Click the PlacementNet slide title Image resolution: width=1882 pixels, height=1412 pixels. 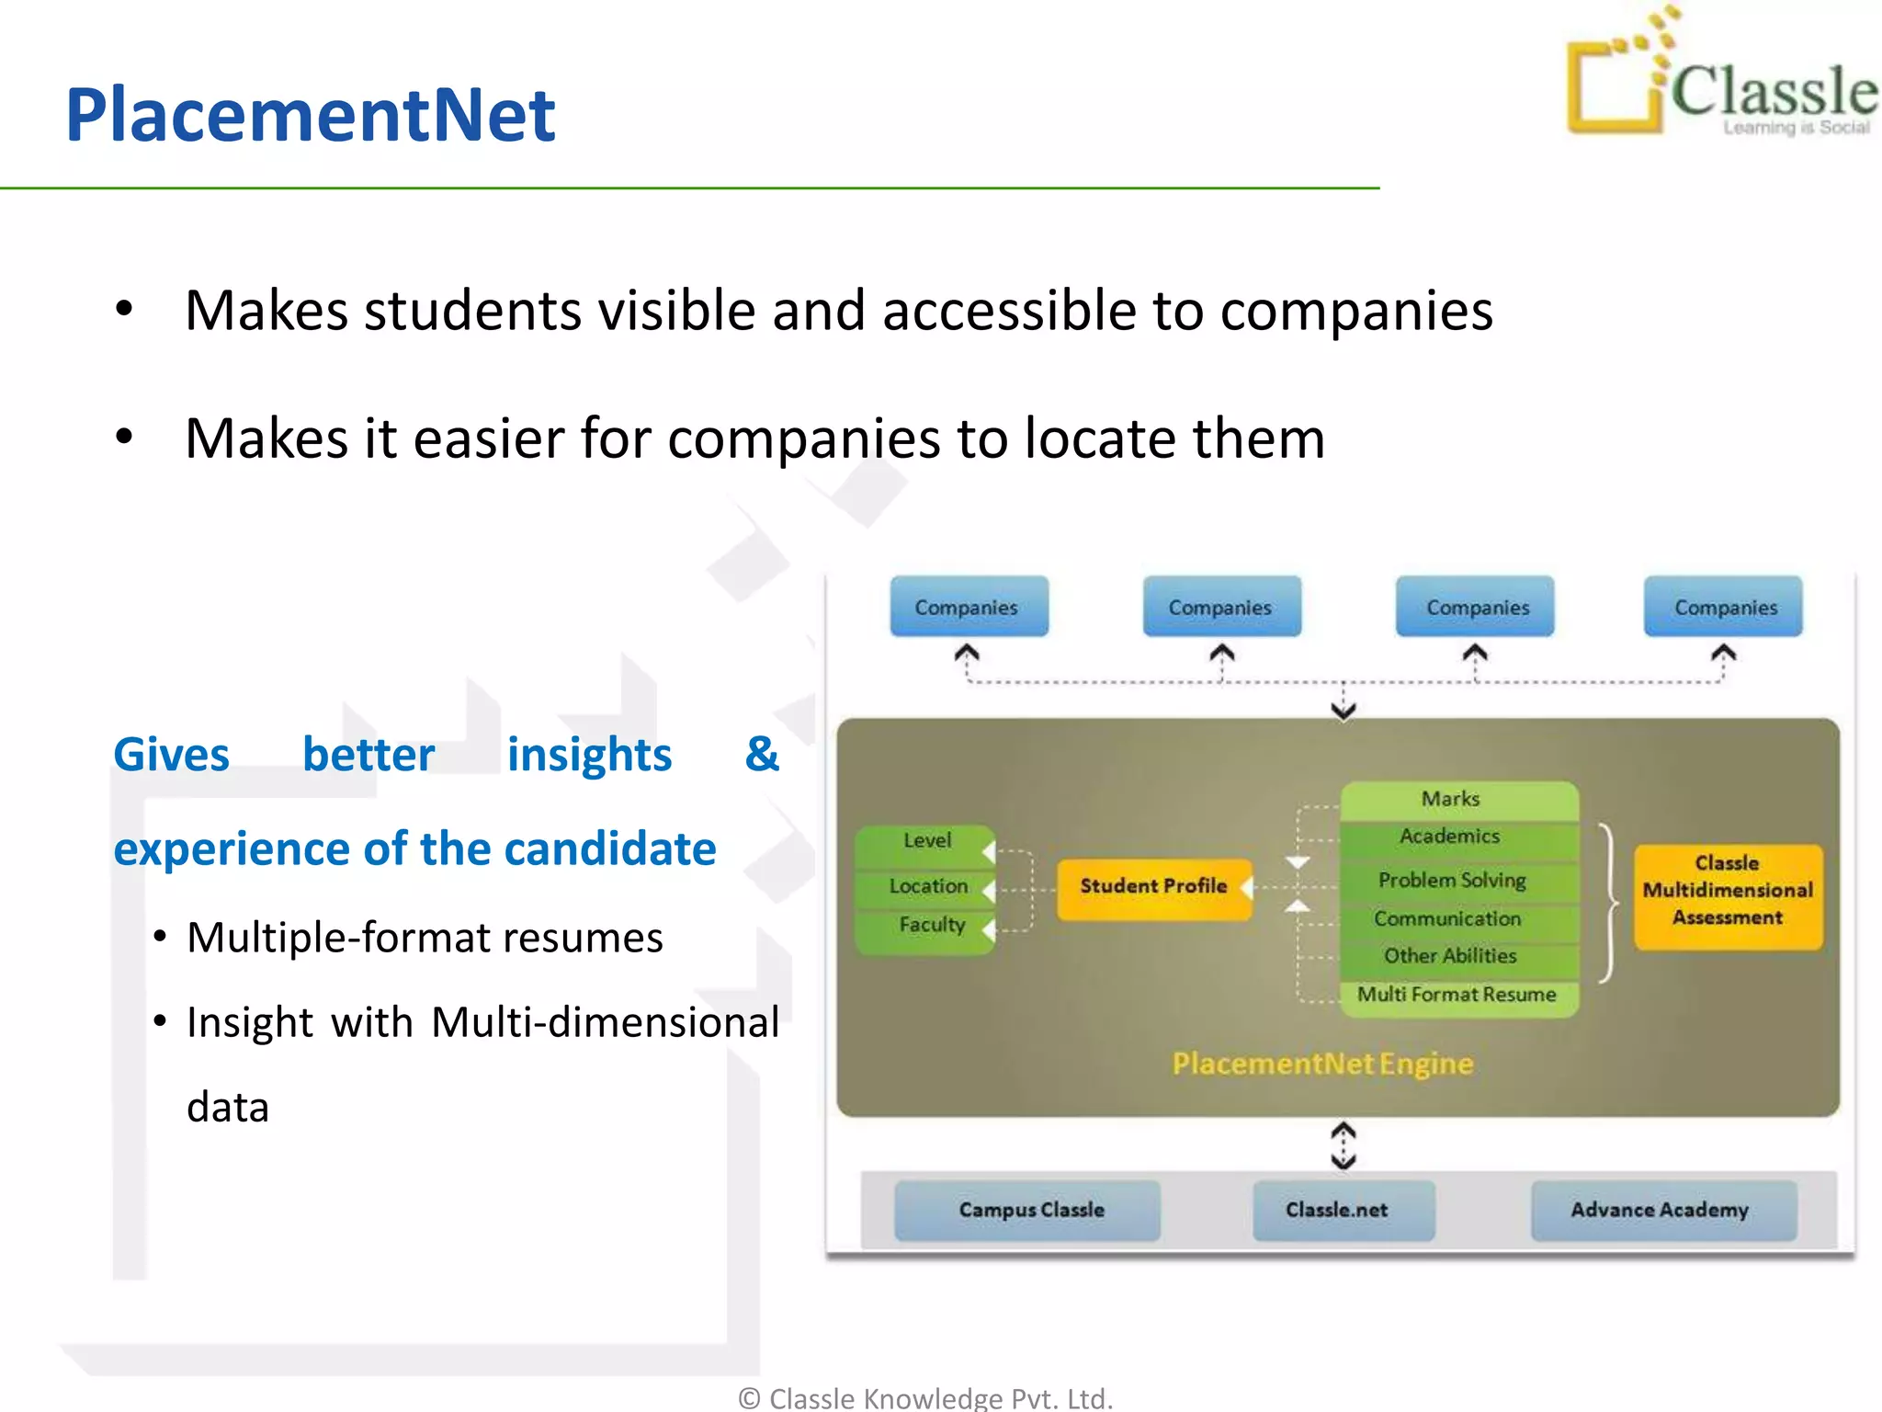tap(310, 115)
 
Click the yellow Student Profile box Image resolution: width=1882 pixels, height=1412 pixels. tap(1153, 887)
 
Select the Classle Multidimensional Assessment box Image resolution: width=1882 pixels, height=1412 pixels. tap(1728, 891)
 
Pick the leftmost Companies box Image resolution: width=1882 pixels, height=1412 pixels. tap(968, 607)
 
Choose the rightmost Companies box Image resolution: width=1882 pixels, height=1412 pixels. tap(1725, 607)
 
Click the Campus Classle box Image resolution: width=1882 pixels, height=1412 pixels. tap(1030, 1210)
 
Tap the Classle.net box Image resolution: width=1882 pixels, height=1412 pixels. tap(1337, 1210)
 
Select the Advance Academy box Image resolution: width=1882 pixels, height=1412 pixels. tap(1660, 1210)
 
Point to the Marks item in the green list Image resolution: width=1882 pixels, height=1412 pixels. tap(1451, 799)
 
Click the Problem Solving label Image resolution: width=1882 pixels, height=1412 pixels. tap(1452, 880)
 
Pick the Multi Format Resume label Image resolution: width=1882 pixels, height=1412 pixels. tap(1457, 995)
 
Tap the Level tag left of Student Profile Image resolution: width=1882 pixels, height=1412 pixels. tap(926, 840)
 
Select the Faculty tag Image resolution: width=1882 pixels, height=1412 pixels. tap(931, 925)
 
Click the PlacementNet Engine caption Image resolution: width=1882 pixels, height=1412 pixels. tap(1322, 1064)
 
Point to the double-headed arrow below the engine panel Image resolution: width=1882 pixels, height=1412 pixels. tap(1343, 1145)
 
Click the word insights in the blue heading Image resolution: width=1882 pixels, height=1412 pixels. tap(589, 756)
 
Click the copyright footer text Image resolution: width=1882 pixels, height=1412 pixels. tap(925, 1397)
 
